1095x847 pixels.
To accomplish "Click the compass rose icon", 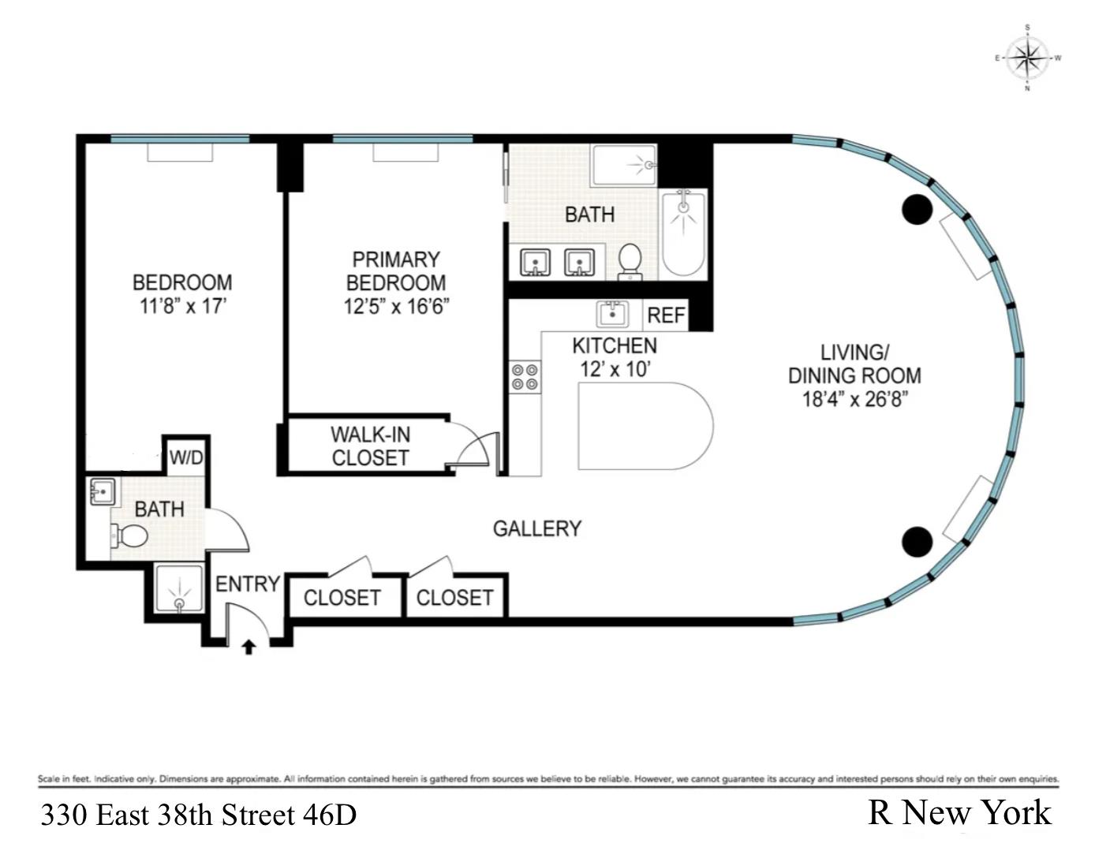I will coord(1027,58).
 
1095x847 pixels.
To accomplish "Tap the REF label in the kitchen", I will coord(666,315).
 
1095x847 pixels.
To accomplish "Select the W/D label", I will coord(186,457).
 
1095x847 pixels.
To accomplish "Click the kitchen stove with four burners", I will coord(525,376).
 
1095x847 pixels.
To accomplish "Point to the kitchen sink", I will coord(612,314).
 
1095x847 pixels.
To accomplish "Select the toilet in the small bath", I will coord(130,537).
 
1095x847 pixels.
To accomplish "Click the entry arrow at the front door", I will coord(249,647).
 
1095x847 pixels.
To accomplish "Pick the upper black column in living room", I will coord(917,209).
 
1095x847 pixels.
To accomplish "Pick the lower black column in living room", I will coord(917,541).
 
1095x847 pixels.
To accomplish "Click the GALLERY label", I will coord(536,528).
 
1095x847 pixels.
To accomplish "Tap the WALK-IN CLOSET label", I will coord(370,446).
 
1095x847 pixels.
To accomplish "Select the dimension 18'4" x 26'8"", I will coord(854,399).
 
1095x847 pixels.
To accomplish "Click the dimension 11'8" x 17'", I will coord(182,306).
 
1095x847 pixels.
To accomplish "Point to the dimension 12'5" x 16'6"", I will coord(396,306).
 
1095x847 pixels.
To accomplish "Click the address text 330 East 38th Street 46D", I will coord(199,815).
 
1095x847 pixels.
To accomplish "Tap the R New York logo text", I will coord(959,812).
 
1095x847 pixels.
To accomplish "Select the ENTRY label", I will coord(248,584).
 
